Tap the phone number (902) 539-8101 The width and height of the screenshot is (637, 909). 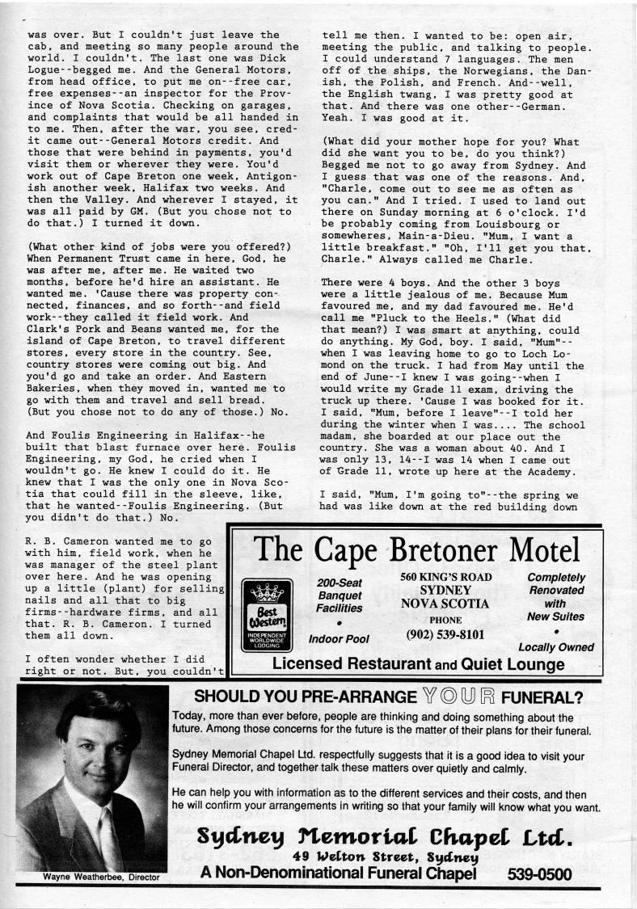(445, 633)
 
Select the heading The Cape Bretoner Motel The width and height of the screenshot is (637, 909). (418, 551)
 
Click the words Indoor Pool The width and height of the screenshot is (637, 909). (339, 638)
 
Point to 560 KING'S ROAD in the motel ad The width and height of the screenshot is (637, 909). (445, 577)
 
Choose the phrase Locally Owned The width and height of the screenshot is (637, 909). (555, 646)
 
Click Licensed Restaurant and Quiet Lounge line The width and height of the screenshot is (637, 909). (418, 664)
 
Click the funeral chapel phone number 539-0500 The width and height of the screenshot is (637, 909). (540, 873)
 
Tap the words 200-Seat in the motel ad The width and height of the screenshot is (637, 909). (340, 583)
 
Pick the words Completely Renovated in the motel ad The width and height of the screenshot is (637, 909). (555, 584)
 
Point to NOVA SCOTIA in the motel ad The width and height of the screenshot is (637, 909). (445, 603)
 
